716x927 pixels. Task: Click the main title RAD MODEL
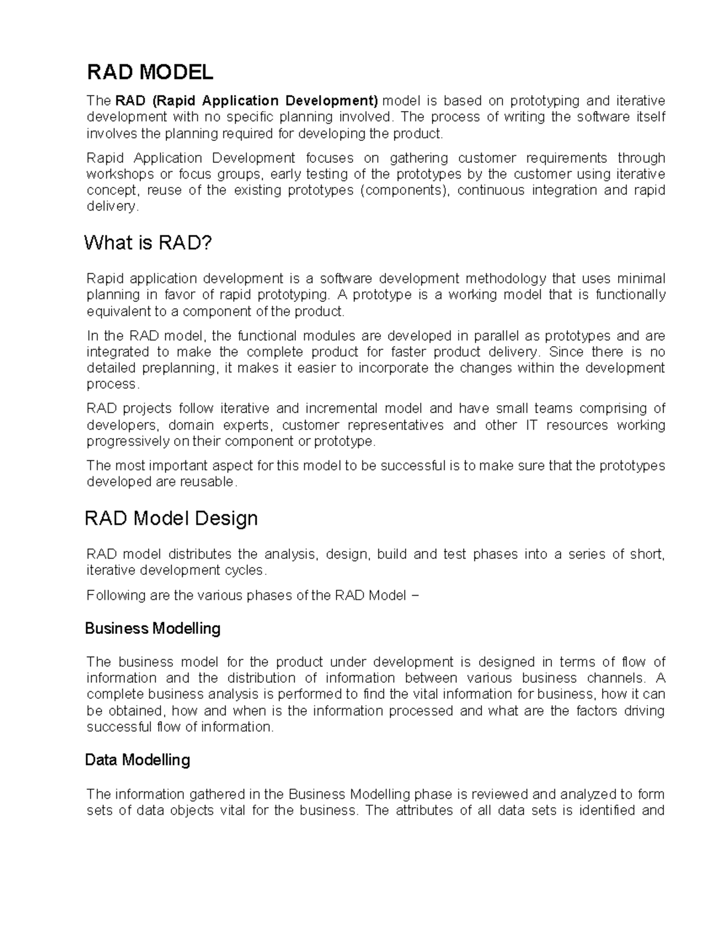pos(150,72)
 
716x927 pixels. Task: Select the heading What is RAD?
pos(148,243)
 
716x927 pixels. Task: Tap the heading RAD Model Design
pos(171,518)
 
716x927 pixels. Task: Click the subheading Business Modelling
pos(153,629)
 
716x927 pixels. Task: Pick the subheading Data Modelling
pos(137,760)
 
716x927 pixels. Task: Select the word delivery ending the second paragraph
pos(111,207)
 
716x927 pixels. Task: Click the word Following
pos(113,596)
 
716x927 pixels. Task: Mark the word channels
pos(616,678)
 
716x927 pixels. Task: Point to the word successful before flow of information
pos(119,727)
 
